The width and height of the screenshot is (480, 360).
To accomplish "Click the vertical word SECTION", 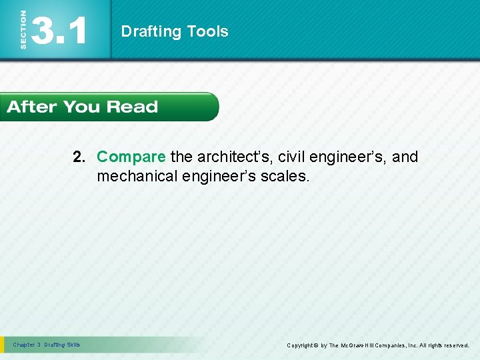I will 24,30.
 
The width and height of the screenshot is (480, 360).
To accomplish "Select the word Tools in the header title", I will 207,31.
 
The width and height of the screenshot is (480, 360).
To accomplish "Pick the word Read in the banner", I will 131,107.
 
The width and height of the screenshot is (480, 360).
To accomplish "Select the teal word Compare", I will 131,157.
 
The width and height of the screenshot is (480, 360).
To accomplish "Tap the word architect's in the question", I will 221,157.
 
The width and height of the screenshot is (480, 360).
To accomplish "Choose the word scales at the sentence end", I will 289,176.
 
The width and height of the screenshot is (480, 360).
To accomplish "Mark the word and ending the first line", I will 405,157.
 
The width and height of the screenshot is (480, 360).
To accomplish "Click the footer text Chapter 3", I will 27,345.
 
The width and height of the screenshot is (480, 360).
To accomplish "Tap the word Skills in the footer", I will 73,345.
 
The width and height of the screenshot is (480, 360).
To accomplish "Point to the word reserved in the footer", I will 454,345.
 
